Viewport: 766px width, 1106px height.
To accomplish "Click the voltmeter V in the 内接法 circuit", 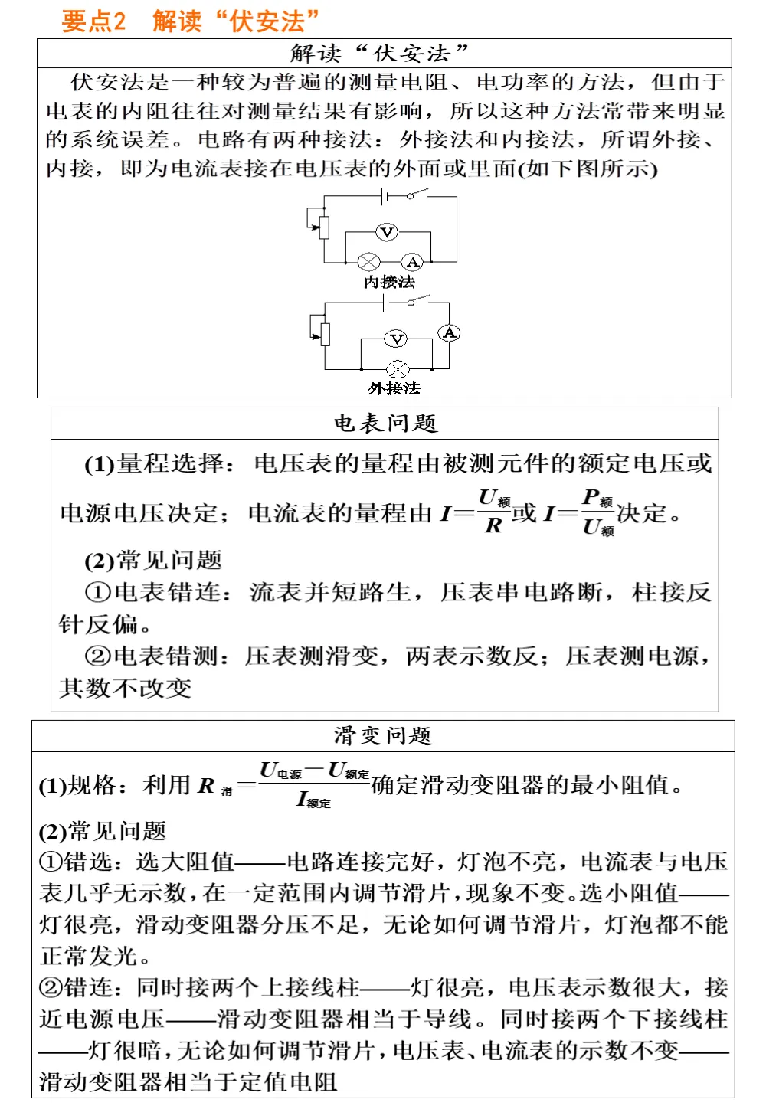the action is click(387, 232).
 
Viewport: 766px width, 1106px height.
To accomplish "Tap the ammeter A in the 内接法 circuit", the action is click(413, 263).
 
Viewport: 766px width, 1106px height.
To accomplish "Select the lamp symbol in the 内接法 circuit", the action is click(369, 263).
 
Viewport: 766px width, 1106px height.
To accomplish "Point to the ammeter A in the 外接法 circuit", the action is click(449, 332).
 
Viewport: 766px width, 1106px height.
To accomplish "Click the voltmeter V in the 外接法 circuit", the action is click(396, 339).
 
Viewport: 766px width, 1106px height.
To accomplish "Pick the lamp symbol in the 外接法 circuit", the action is click(398, 369).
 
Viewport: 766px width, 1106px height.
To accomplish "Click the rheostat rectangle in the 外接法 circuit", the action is click(325, 335).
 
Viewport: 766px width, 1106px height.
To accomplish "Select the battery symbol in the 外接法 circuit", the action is click(385, 303).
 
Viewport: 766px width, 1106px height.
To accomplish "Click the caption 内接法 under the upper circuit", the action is click(389, 282).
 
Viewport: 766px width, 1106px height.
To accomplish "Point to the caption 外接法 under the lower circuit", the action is click(394, 388).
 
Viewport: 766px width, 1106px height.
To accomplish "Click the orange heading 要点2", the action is click(93, 21).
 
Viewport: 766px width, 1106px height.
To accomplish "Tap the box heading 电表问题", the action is click(385, 423).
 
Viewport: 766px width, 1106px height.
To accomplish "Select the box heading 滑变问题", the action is click(383, 735).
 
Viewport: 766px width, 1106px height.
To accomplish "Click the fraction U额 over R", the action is click(494, 512).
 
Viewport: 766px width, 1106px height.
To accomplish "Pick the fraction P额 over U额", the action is click(598, 512).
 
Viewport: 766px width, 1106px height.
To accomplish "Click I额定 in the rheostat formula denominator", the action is click(314, 800).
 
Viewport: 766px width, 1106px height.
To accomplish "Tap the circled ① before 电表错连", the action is click(98, 592).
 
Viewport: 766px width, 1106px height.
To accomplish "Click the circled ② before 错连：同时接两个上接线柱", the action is click(51, 987).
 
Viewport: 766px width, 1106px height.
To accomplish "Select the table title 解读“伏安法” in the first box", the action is click(379, 54).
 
